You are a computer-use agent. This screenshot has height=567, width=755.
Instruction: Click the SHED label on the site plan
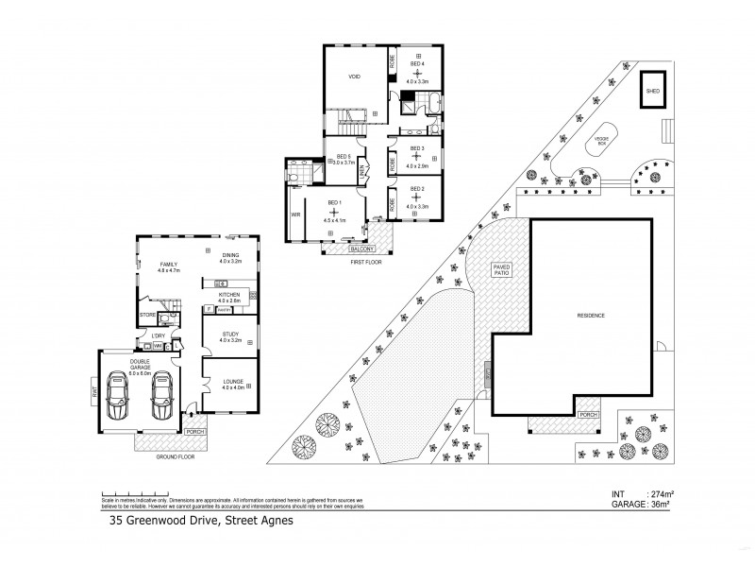pos(652,92)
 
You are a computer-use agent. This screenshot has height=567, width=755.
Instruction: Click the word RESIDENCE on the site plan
pos(591,315)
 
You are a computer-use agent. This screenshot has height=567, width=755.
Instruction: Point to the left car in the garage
pos(120,395)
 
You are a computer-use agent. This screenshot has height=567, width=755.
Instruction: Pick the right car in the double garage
pos(161,395)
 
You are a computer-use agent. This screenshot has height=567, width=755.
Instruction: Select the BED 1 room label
pos(334,203)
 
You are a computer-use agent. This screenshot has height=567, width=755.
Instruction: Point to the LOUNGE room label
pos(233,381)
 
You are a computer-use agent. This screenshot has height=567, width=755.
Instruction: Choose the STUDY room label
pos(230,334)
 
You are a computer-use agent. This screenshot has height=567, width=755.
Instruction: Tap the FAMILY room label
pos(169,265)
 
